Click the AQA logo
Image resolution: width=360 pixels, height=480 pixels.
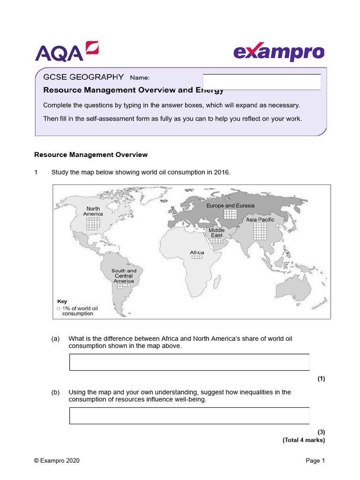coord(67,51)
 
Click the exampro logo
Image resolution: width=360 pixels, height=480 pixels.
coord(278,52)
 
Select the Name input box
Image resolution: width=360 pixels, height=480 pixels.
coord(262,82)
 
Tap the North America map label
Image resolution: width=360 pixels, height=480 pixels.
coord(93,211)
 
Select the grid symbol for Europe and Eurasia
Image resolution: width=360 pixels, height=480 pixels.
coord(230,214)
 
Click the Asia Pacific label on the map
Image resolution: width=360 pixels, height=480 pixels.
coord(260,219)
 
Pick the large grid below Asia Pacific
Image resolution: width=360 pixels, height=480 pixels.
coord(260,231)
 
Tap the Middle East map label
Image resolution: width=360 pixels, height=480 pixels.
coord(217,232)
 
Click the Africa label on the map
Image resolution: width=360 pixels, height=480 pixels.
coord(197,253)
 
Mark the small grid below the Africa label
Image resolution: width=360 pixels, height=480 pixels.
coord(197,257)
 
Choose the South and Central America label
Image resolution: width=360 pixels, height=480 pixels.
coord(124,276)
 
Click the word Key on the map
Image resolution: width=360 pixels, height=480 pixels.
coord(62,301)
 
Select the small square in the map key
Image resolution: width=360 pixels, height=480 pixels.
coord(58,309)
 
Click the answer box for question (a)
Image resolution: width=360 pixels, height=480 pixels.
coord(189,362)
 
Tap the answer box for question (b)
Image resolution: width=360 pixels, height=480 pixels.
coord(189,416)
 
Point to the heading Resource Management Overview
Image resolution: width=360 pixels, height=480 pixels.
coord(91,155)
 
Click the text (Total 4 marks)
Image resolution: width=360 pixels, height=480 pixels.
coord(303,440)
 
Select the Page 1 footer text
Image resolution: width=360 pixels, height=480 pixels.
coord(315,461)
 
